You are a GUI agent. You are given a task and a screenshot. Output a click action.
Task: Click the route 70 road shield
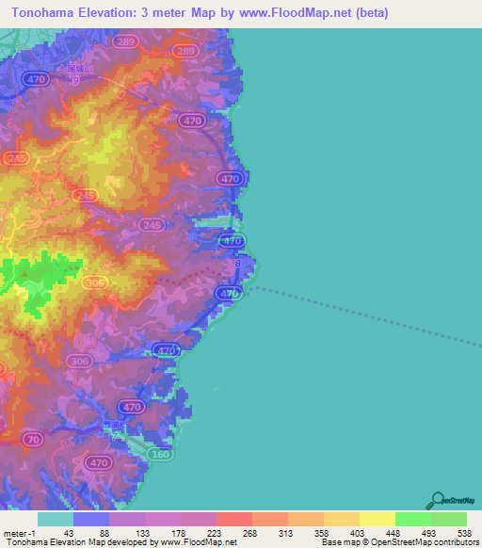point(33,439)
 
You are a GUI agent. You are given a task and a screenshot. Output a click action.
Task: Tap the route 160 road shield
point(161,454)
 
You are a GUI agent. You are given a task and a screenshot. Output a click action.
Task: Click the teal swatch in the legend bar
point(55,519)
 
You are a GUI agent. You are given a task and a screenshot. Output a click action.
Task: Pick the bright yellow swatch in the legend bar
point(377,519)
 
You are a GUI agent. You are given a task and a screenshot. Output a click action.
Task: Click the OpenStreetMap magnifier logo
point(437,499)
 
